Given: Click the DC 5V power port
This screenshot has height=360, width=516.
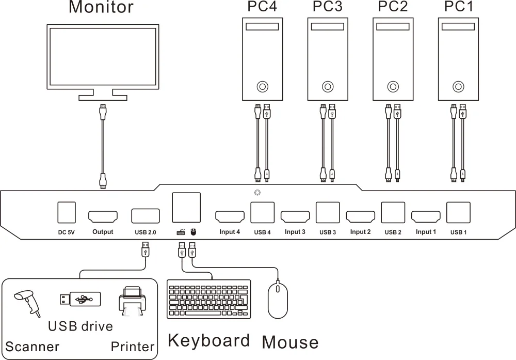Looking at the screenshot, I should [x=66, y=212].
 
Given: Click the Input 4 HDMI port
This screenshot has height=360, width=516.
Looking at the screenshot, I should [x=230, y=216].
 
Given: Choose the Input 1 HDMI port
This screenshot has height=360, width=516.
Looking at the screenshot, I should [x=426, y=216].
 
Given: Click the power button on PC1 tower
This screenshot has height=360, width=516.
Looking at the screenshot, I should [x=458, y=86].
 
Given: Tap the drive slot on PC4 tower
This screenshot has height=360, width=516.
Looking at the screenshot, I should [x=263, y=27].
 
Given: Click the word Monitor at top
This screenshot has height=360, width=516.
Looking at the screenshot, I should [x=101, y=7].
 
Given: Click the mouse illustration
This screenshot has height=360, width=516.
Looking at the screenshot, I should [x=277, y=300].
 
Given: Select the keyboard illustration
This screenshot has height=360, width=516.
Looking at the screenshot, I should [x=209, y=299].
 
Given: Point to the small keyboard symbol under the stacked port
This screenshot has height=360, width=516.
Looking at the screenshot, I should [x=180, y=232].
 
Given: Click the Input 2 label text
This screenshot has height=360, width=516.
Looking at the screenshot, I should [x=360, y=232].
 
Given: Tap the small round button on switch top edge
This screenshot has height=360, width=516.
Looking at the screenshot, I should [x=257, y=193].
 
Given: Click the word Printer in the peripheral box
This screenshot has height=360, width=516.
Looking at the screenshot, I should [x=133, y=347].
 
